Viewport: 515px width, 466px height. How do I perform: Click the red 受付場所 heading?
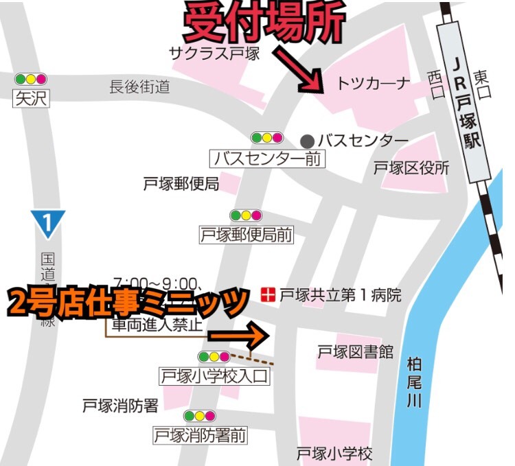click(264, 25)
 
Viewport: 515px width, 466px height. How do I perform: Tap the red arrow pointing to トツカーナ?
click(298, 70)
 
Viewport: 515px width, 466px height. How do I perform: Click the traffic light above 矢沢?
click(31, 79)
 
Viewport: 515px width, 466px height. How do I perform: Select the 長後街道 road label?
click(139, 86)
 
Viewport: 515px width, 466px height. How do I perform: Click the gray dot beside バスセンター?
click(308, 141)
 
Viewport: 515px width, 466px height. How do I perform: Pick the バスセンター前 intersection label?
click(268, 159)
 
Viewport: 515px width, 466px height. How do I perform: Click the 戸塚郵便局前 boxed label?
click(246, 235)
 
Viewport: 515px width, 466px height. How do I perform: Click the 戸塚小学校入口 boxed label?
click(214, 376)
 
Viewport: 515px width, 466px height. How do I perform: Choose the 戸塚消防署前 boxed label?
click(200, 434)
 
